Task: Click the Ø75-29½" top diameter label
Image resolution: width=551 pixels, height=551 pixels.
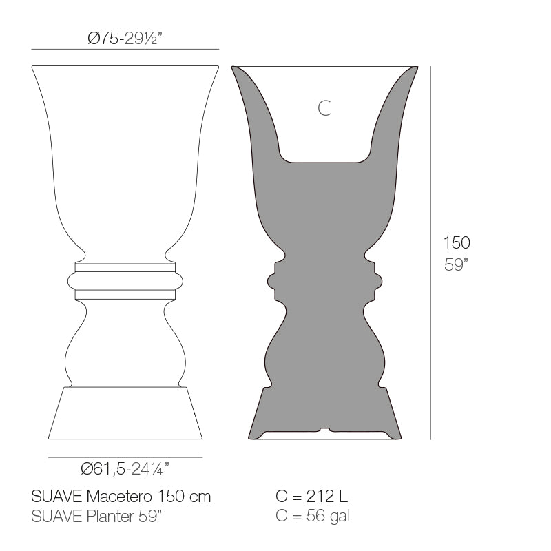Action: tap(125, 39)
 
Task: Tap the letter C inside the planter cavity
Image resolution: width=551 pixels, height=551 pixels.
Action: tap(324, 107)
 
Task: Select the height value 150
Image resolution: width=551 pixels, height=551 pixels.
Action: tap(457, 242)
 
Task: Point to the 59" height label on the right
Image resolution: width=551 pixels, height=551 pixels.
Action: tap(456, 266)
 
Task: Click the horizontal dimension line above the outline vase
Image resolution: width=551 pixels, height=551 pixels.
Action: tap(125, 50)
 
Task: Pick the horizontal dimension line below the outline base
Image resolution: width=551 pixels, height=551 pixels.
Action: tap(125, 457)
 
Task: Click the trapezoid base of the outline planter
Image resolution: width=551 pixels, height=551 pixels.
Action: tap(125, 413)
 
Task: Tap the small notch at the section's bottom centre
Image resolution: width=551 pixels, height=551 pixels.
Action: tap(324, 432)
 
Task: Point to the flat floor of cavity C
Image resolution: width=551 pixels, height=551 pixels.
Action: tap(324, 161)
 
